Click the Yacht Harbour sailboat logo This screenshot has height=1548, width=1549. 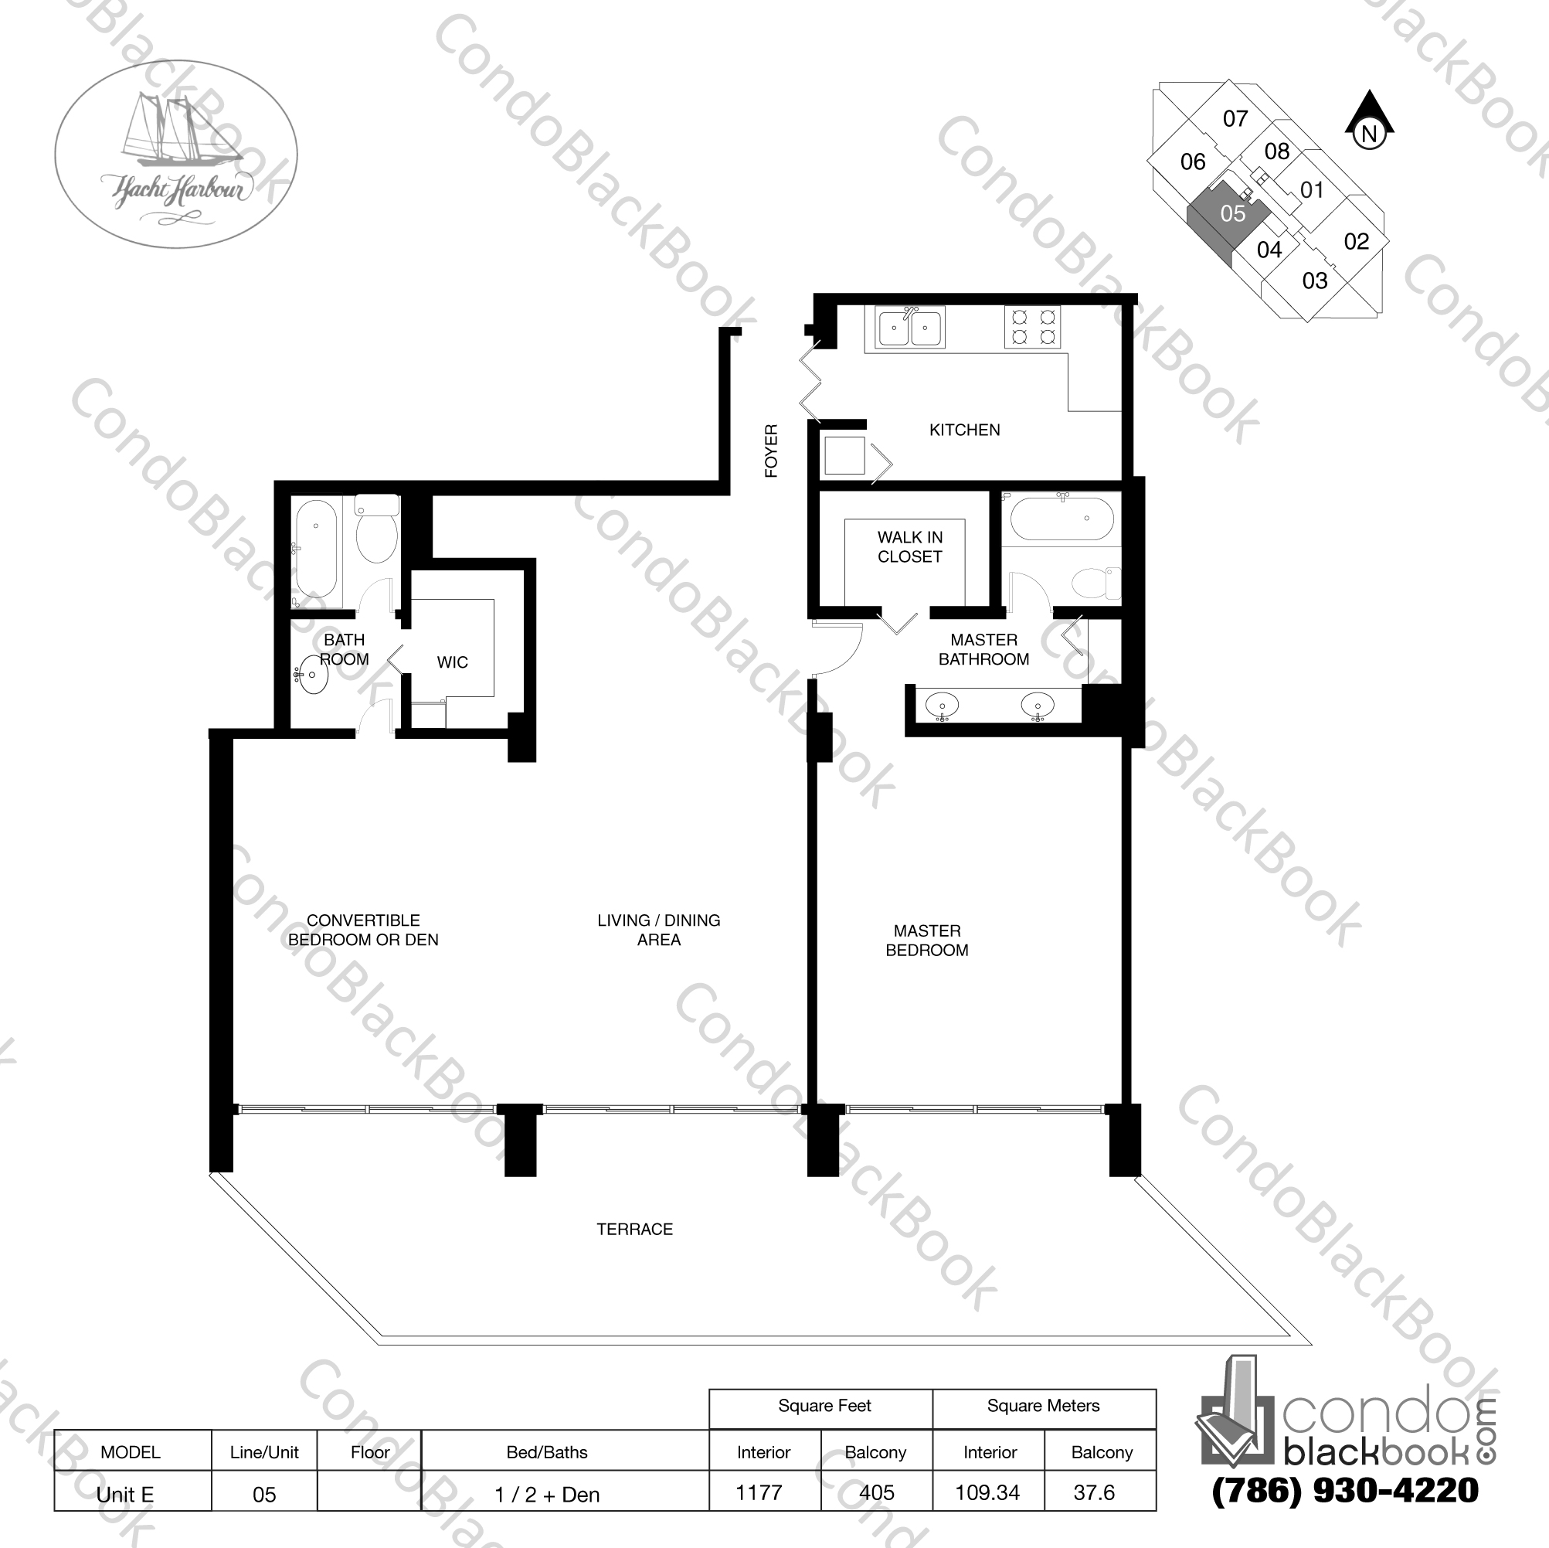(175, 154)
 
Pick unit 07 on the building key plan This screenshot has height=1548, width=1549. (1235, 120)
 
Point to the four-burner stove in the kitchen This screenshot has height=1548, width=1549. (1033, 326)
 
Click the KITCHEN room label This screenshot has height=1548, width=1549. (964, 430)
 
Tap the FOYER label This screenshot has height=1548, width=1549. (771, 451)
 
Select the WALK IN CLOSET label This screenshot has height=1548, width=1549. (909, 547)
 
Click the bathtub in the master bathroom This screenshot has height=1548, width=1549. (1061, 519)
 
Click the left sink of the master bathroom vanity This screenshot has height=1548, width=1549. (941, 706)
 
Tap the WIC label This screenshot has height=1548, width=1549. (452, 662)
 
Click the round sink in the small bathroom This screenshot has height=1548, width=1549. (312, 676)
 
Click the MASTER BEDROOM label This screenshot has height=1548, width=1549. (927, 940)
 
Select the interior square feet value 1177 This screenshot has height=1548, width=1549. (759, 1492)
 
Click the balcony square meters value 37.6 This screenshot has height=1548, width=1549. (1094, 1492)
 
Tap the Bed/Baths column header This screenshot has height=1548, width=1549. (547, 1452)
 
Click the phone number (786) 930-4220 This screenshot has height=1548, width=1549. (1344, 1490)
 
